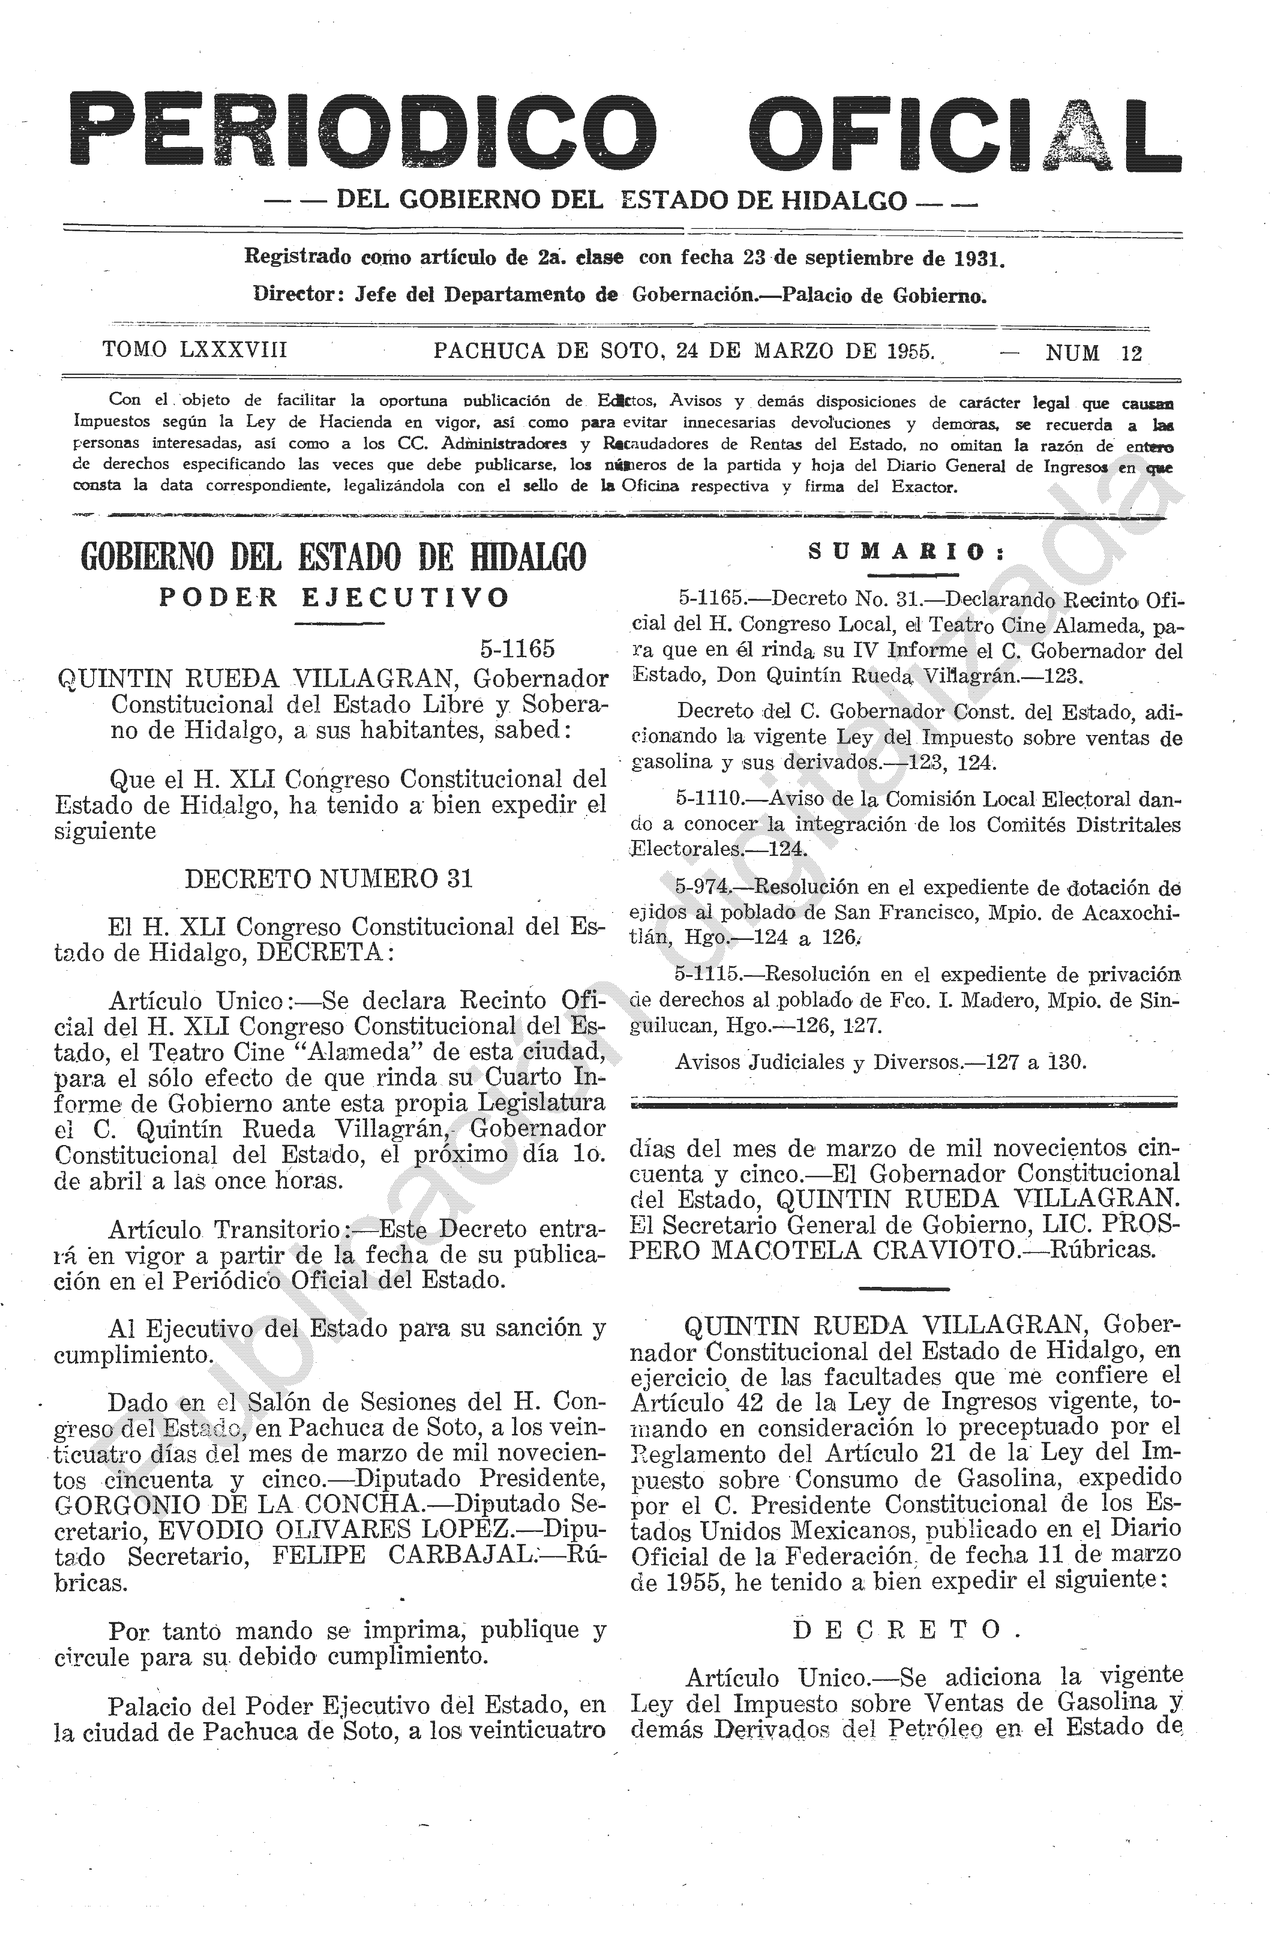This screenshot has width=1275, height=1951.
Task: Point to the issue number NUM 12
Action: tap(1093, 352)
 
